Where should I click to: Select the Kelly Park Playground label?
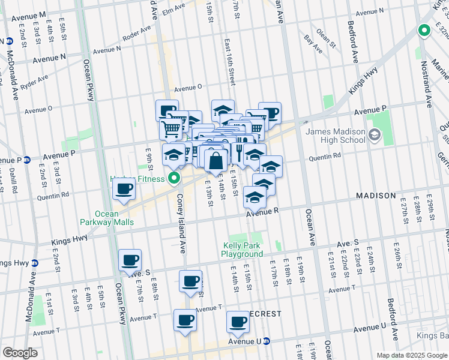(243, 250)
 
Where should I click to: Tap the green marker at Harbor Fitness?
(175, 178)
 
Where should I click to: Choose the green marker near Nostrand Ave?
(424, 31)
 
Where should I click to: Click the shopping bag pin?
(216, 161)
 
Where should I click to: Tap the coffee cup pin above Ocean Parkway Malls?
(124, 190)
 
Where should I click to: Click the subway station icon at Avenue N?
(10, 41)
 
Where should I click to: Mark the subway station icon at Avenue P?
(27, 160)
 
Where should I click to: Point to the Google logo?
(20, 352)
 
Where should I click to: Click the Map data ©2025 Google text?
(411, 355)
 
